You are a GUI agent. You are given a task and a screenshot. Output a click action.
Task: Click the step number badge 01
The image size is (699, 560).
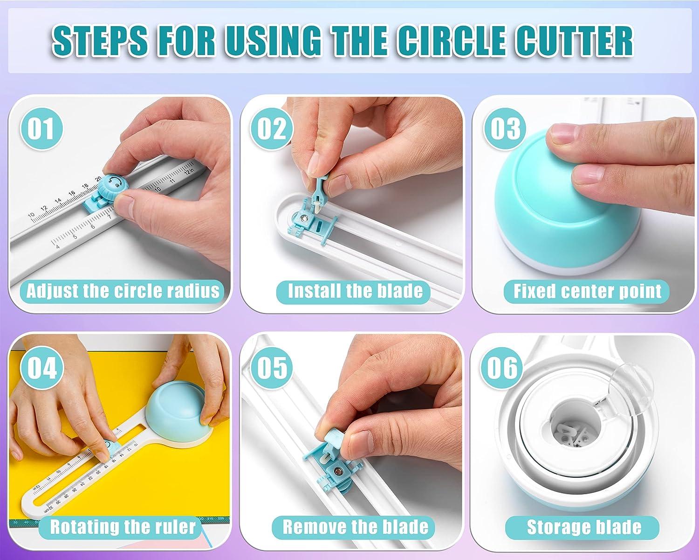tap(41, 129)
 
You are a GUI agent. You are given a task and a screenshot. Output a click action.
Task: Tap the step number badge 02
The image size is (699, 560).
tap(272, 129)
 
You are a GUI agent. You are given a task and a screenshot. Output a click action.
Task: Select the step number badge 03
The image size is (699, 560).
tap(505, 129)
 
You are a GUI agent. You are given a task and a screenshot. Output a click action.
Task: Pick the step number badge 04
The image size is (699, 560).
tap(41, 368)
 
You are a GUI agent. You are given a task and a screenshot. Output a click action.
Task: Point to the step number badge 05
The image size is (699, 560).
tap(272, 368)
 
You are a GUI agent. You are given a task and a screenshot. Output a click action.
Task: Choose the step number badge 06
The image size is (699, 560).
tap(503, 368)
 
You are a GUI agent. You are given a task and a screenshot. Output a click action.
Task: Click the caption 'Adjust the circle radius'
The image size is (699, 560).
tap(123, 291)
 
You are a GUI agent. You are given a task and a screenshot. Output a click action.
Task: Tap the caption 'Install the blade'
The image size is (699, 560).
tap(355, 291)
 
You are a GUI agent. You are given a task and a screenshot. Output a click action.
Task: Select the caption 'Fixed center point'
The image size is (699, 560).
tap(587, 291)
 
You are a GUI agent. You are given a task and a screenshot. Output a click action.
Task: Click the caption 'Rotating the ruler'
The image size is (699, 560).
tap(123, 527)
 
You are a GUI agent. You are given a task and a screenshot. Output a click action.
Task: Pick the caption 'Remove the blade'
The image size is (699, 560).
tap(355, 527)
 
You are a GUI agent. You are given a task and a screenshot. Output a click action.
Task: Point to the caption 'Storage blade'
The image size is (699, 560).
tap(584, 527)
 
